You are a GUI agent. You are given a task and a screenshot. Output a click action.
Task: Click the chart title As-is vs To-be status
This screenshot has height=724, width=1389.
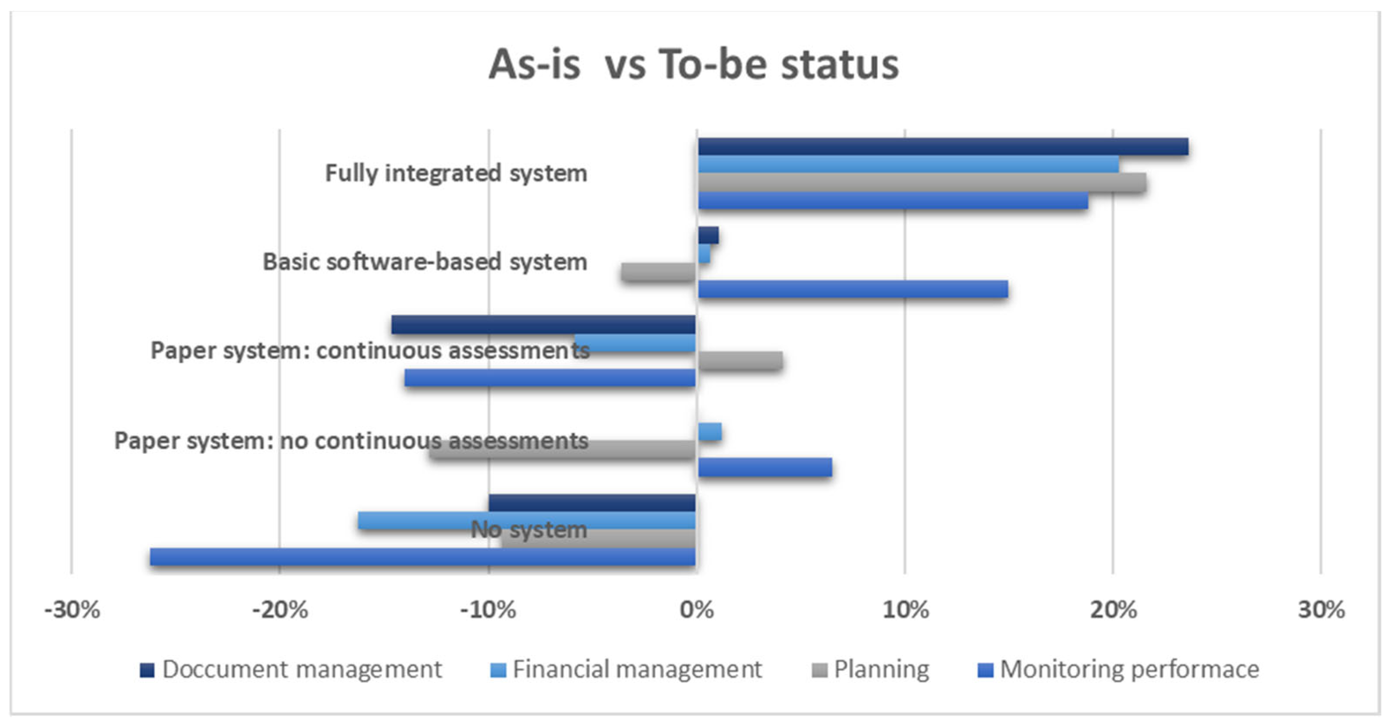[694, 64]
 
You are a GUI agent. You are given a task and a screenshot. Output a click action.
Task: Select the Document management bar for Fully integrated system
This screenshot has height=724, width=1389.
[943, 146]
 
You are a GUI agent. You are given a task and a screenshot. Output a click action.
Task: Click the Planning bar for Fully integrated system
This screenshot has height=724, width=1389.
[922, 182]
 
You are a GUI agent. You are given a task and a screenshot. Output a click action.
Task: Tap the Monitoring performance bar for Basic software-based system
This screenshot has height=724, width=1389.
[853, 289]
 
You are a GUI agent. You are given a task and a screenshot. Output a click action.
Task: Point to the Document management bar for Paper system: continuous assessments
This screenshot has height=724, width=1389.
[543, 325]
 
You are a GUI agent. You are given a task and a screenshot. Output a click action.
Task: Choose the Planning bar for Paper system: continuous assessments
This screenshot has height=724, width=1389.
[741, 360]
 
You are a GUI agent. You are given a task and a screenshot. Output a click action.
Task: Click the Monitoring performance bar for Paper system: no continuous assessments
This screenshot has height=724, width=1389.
[765, 467]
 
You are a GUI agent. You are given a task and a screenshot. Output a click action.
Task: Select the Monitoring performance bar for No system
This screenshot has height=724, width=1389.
[423, 556]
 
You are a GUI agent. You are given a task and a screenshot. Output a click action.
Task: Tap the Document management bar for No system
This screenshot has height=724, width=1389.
[592, 502]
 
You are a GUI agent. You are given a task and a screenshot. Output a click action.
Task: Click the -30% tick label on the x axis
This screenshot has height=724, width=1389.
[72, 610]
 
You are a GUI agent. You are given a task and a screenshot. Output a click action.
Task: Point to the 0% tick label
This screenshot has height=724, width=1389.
[697, 610]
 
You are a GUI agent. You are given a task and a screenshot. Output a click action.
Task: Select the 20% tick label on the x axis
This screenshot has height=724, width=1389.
[1113, 610]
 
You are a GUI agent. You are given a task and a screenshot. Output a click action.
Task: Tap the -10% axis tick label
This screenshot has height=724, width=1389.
[488, 610]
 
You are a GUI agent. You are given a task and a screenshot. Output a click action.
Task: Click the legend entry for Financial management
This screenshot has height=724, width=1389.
[626, 670]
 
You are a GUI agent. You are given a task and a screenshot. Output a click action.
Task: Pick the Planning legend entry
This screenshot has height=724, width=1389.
[871, 670]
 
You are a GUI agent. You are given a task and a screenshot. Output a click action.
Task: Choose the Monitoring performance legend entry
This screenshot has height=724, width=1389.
[1118, 670]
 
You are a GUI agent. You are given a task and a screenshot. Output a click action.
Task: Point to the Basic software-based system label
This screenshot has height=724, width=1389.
[425, 262]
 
